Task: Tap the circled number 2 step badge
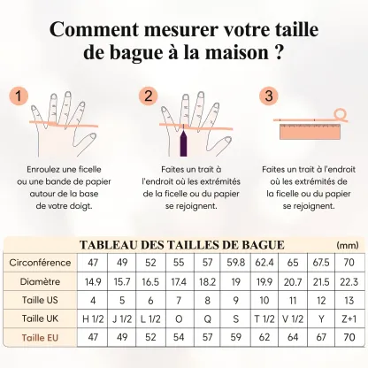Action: [x=148, y=95]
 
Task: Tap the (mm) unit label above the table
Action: [x=349, y=245]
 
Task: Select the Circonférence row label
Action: [x=41, y=263]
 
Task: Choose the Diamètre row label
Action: [x=41, y=281]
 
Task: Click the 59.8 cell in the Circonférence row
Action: [x=235, y=263]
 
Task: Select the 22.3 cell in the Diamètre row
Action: [x=349, y=281]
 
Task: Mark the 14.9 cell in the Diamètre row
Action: [x=94, y=281]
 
